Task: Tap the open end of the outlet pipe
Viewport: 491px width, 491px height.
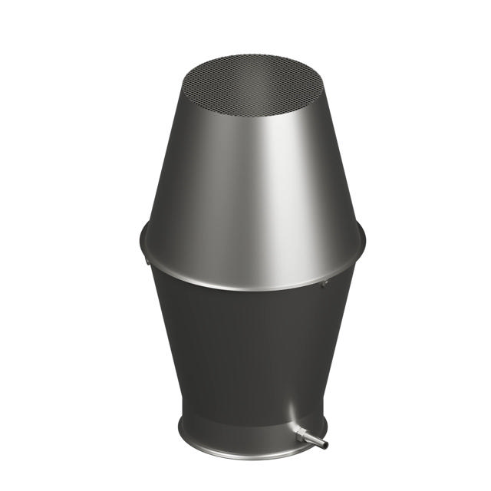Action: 325,444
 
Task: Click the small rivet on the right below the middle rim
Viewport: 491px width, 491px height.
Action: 323,285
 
